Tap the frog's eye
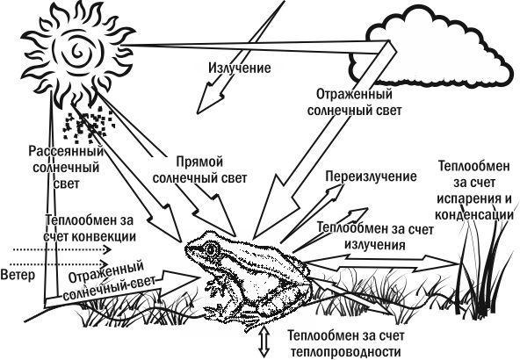(211, 248)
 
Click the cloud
(430, 49)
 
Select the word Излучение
(240, 68)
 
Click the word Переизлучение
(371, 176)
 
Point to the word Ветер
(18, 275)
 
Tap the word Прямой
(199, 162)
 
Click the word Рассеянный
(66, 152)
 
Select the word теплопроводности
(345, 352)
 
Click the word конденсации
(474, 215)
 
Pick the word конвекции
(104, 237)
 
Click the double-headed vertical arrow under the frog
(264, 342)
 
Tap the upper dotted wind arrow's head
(107, 249)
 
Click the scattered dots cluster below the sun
(89, 126)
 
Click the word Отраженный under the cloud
(354, 95)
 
